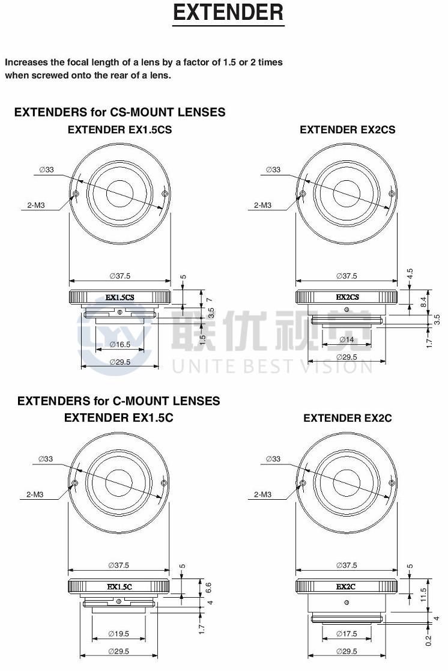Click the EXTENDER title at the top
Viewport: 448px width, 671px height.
coord(228,12)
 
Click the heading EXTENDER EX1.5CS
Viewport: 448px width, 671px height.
coord(120,130)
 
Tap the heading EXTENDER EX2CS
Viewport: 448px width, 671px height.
coord(348,130)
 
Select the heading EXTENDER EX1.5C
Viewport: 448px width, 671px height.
coord(119,417)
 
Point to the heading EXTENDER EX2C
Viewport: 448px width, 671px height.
coord(348,418)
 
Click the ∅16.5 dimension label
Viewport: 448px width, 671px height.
coord(120,344)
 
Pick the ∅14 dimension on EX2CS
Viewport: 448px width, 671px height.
coord(347,339)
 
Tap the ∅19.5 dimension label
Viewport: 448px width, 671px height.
coord(118,634)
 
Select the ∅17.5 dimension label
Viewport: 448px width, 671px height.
coord(347,634)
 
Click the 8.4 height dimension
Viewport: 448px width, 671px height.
coord(423,302)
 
